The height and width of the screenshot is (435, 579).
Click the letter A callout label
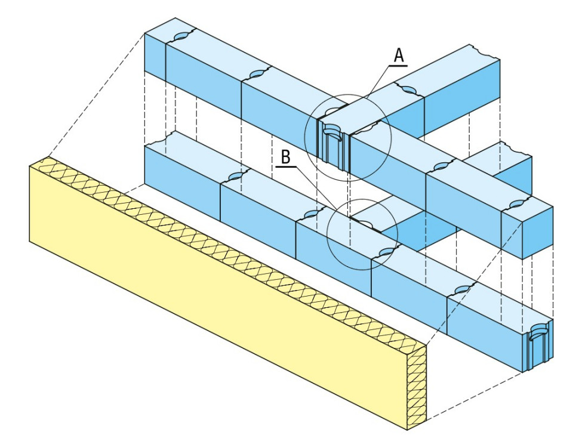click(x=399, y=55)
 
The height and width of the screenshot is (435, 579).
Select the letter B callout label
click(x=286, y=158)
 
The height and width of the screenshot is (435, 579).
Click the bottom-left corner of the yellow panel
click(x=30, y=241)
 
